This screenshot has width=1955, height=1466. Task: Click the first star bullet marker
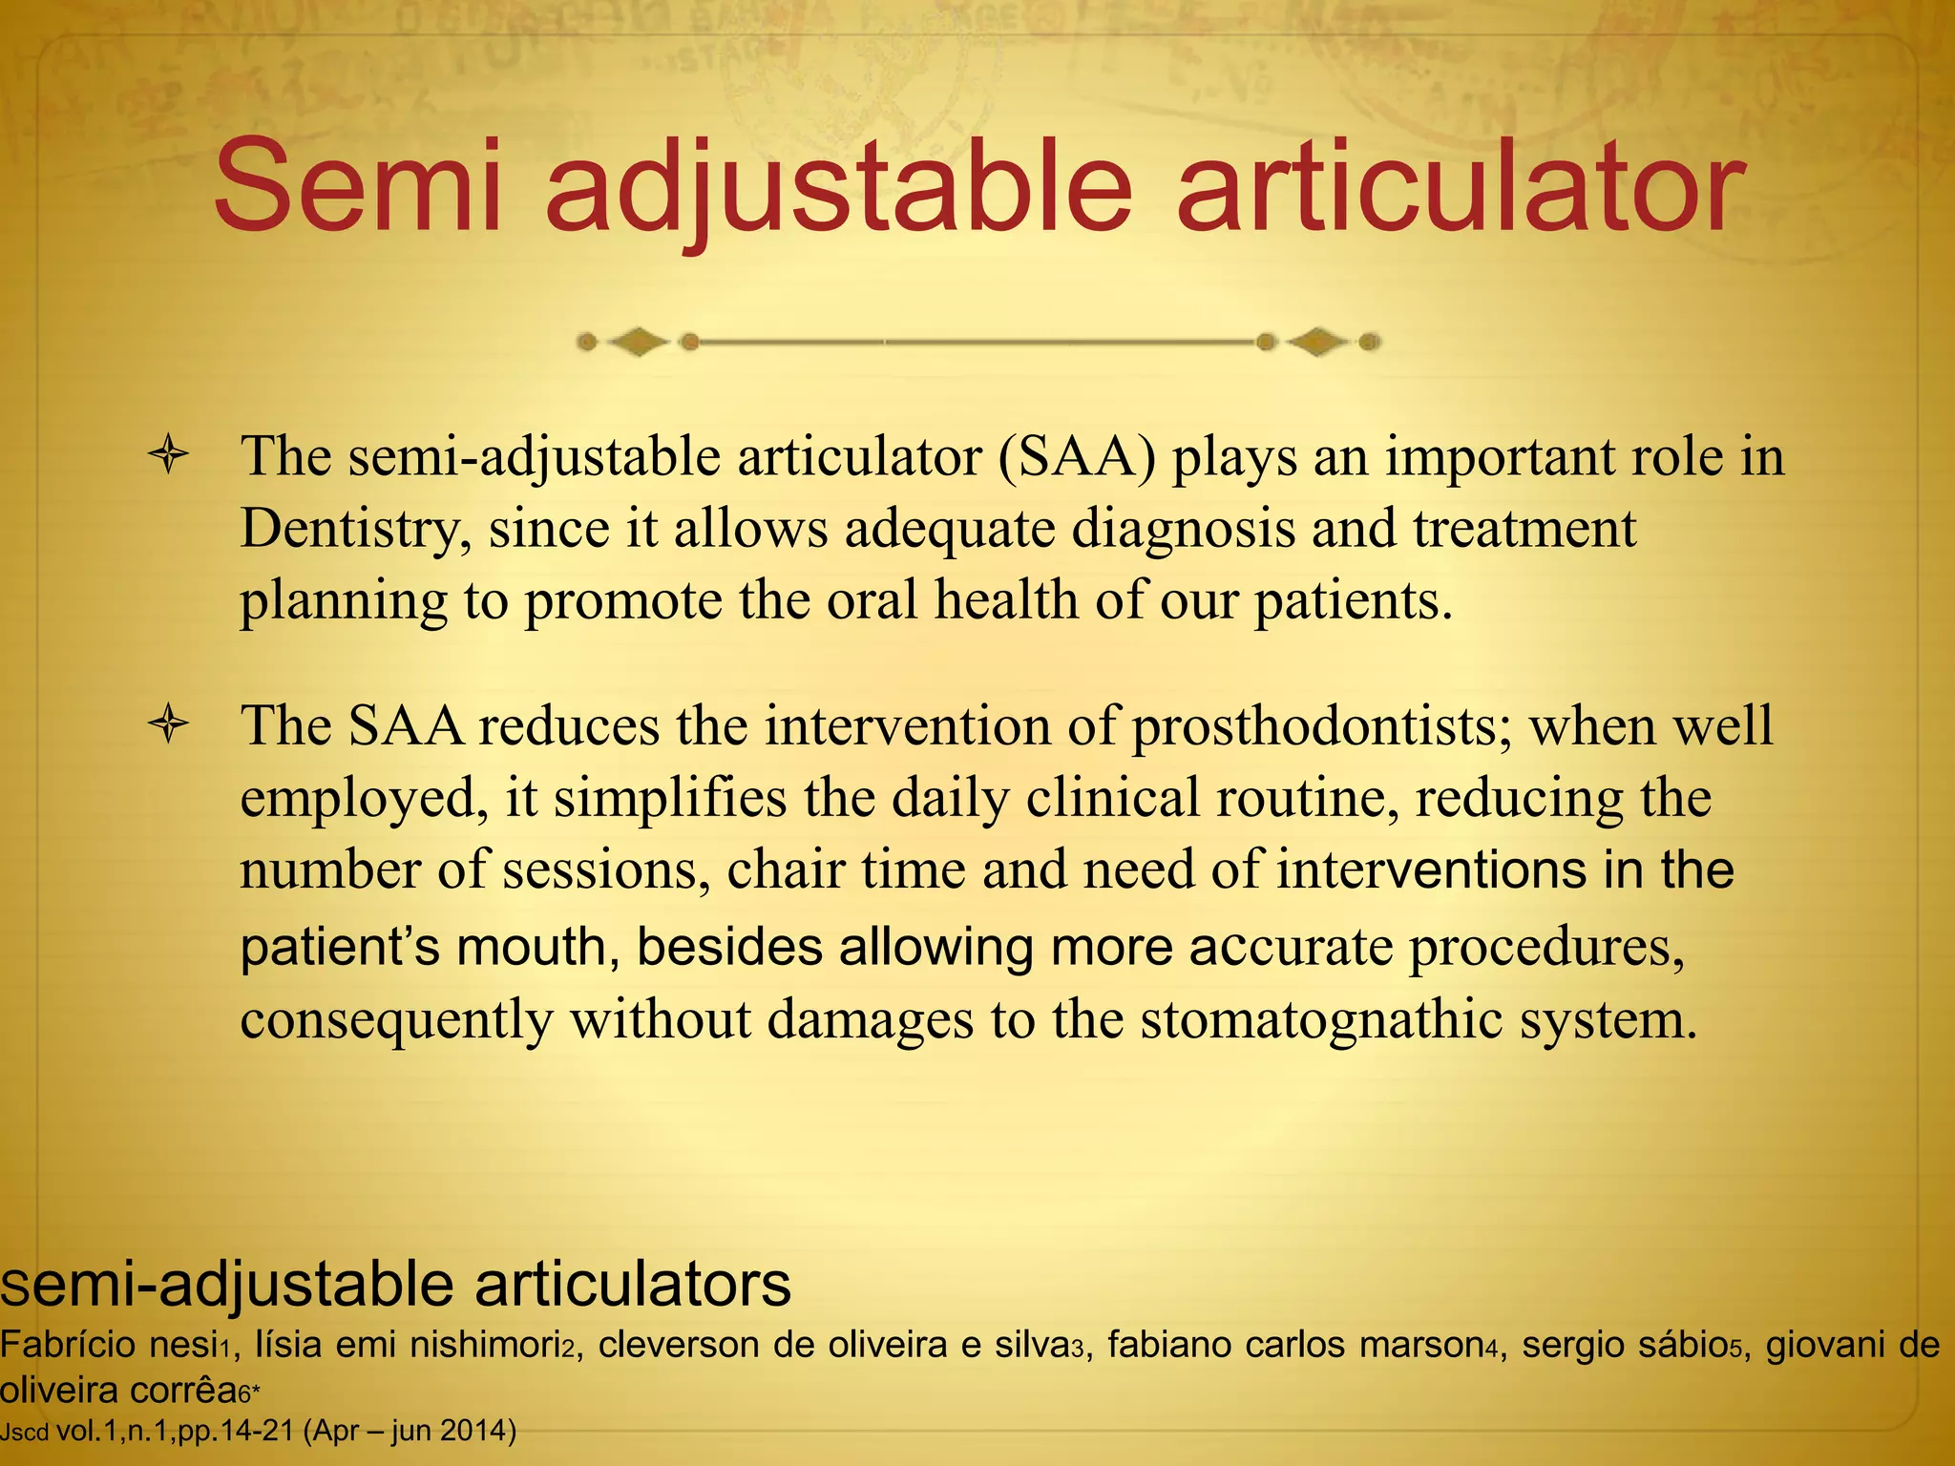[169, 454]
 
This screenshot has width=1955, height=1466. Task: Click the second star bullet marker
[169, 724]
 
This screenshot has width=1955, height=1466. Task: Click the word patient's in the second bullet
[340, 948]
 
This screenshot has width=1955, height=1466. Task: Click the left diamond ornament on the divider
[638, 342]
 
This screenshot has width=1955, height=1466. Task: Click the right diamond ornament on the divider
[1318, 342]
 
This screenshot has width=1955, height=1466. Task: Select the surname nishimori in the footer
[485, 1345]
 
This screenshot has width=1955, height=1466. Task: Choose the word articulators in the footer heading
[633, 1284]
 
